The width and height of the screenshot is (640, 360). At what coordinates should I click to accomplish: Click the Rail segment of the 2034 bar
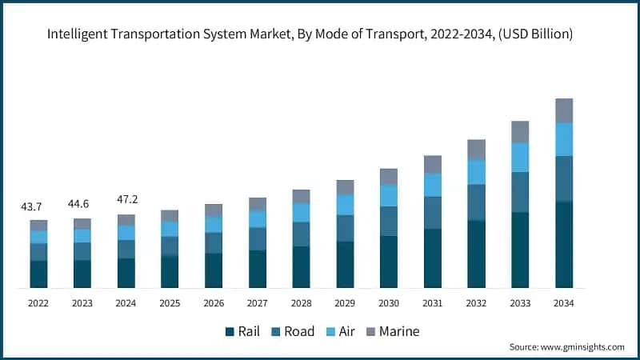pyautogui.click(x=564, y=244)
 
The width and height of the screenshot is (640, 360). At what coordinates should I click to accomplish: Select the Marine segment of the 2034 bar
pyautogui.click(x=564, y=110)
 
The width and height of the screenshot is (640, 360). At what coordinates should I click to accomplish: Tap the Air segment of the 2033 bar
pyautogui.click(x=520, y=157)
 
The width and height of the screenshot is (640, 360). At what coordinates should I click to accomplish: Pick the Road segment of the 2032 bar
pyautogui.click(x=476, y=202)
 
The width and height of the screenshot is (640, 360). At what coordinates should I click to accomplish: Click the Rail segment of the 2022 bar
pyautogui.click(x=38, y=274)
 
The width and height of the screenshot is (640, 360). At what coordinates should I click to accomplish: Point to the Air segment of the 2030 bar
pyautogui.click(x=389, y=195)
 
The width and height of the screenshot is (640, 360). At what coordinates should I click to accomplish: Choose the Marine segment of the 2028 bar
pyautogui.click(x=301, y=196)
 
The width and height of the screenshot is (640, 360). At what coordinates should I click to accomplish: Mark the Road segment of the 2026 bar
pyautogui.click(x=214, y=242)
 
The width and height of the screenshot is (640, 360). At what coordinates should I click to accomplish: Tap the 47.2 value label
pyautogui.click(x=126, y=199)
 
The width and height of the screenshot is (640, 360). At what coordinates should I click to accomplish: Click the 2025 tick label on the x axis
pyautogui.click(x=170, y=303)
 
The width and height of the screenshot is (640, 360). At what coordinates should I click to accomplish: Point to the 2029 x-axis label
pyautogui.click(x=345, y=303)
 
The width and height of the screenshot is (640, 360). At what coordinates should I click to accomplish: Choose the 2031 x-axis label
pyautogui.click(x=432, y=303)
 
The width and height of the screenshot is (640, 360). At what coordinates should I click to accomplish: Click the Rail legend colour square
pyautogui.click(x=230, y=331)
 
